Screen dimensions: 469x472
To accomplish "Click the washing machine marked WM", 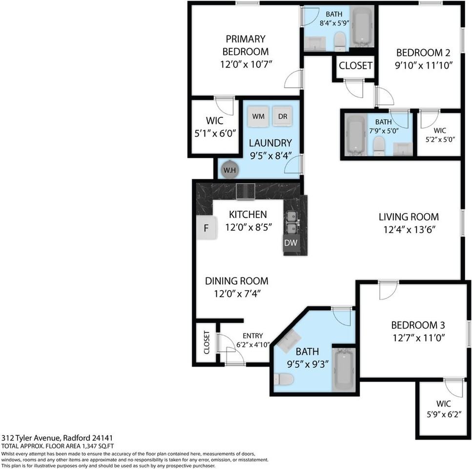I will tap(259, 116).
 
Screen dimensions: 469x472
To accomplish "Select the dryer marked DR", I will tap(283, 116).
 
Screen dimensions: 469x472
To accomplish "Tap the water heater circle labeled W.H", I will tap(228, 170).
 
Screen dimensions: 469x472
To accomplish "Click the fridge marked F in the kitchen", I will tap(206, 228).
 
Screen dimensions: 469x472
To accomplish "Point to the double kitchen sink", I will tap(292, 222).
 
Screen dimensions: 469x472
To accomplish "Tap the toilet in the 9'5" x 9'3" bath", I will tap(283, 379).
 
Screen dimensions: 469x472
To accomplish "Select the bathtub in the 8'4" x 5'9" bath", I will tap(362, 26).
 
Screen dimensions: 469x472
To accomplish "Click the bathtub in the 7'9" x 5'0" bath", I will tap(355, 134).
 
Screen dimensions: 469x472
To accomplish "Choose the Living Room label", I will tap(409, 217).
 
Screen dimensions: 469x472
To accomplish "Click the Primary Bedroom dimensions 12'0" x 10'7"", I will tap(246, 64).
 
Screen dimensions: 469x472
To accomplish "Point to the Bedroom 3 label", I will tap(417, 325).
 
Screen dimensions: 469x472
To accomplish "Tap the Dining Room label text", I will tap(236, 281).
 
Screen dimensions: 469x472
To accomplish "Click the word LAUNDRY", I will tap(270, 143).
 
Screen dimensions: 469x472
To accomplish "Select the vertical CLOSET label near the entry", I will tap(206, 342).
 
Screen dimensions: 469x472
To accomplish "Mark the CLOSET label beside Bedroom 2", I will tap(355, 65).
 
